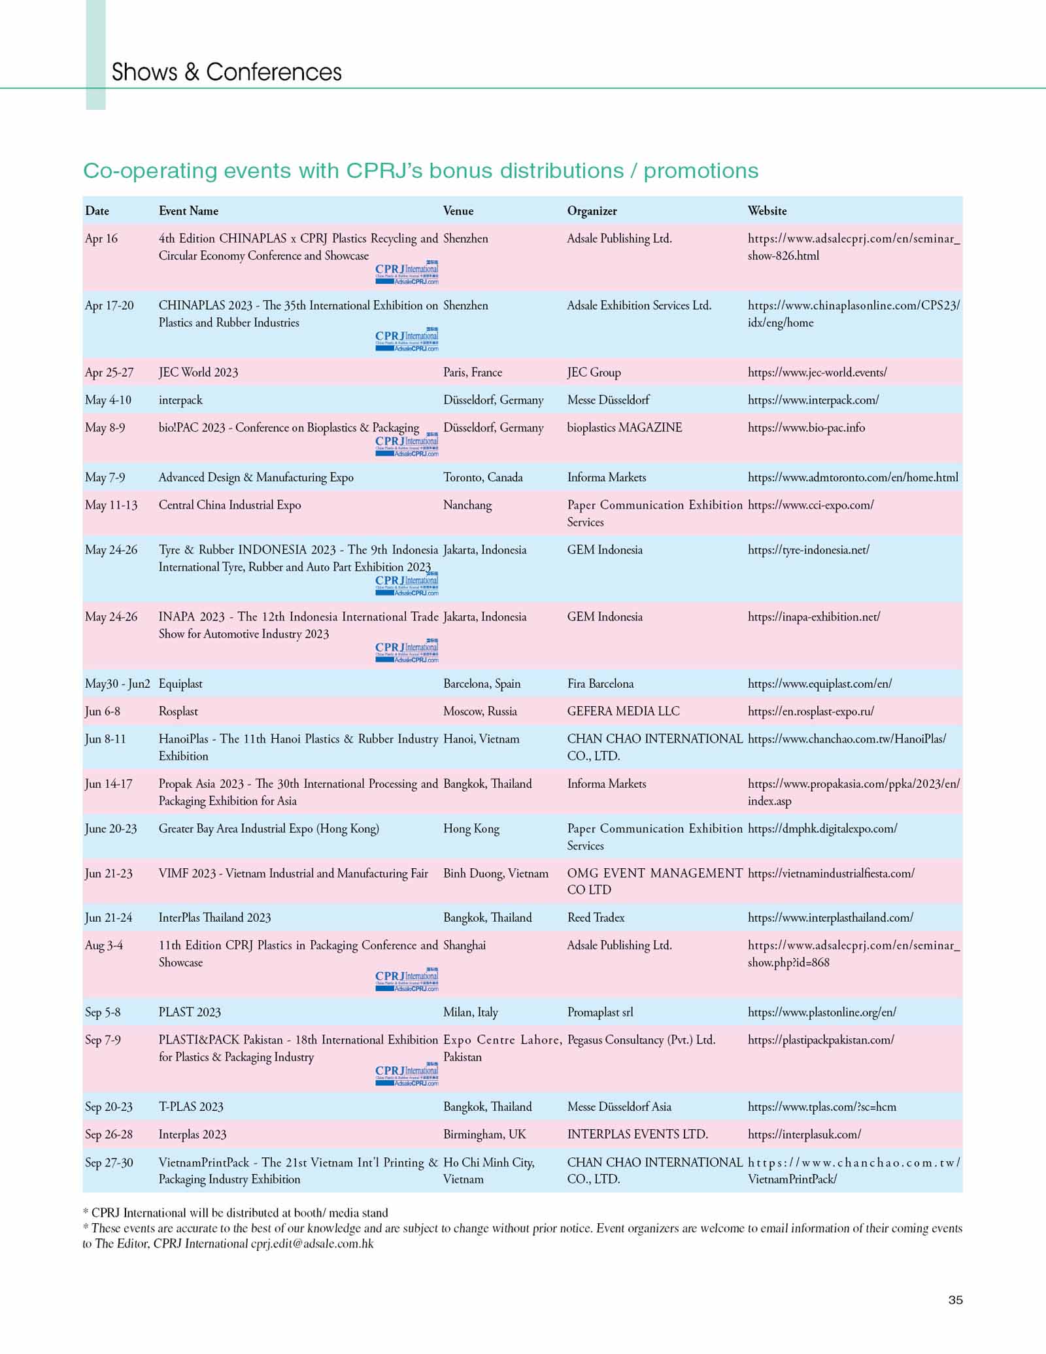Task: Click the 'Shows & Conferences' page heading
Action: (226, 72)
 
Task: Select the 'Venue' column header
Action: (458, 211)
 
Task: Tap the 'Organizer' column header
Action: (592, 211)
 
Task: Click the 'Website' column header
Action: (767, 211)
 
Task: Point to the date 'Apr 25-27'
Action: (109, 372)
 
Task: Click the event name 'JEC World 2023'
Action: (198, 372)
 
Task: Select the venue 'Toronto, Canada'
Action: (482, 477)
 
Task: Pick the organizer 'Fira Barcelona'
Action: (600, 683)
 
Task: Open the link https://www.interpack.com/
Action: (813, 399)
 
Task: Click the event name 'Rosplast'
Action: (178, 711)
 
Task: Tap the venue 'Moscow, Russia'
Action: (480, 711)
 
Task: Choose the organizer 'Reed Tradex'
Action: (596, 917)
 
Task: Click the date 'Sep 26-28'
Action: (109, 1134)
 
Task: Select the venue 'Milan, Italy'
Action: (470, 1012)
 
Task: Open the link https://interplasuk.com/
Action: (804, 1134)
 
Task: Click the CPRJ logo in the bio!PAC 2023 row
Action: (407, 445)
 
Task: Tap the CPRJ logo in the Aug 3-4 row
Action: (407, 979)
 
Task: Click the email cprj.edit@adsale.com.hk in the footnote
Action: (312, 1244)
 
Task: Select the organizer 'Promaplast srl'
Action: (599, 1012)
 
